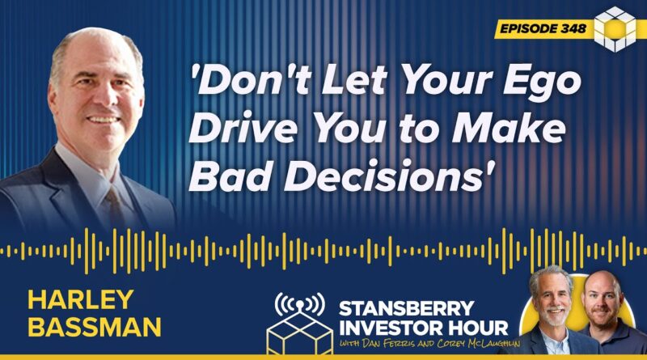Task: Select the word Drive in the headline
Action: click(x=243, y=129)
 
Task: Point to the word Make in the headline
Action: click(x=509, y=129)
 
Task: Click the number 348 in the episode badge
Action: click(x=573, y=28)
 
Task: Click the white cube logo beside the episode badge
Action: click(x=615, y=29)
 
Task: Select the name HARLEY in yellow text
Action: click(x=80, y=299)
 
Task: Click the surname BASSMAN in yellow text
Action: click(x=94, y=327)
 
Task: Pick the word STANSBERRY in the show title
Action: click(x=407, y=308)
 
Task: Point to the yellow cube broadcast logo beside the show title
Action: click(x=299, y=332)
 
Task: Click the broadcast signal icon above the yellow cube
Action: click(x=299, y=303)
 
